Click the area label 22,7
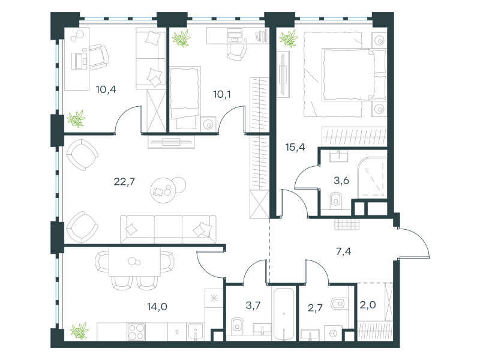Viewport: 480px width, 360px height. click(124, 182)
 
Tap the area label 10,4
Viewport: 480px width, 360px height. click(106, 89)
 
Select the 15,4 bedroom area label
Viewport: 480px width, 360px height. click(295, 147)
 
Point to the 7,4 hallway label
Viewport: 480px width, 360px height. click(343, 251)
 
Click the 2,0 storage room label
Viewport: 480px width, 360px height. click(368, 305)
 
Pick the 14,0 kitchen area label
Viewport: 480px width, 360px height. click(157, 307)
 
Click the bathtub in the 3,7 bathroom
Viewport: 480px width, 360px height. click(284, 313)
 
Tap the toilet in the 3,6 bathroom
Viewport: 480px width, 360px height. click(336, 200)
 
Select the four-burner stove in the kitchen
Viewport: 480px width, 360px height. click(136, 332)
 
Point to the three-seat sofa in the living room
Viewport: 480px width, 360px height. click(168, 229)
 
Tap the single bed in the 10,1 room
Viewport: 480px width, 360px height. click(185, 98)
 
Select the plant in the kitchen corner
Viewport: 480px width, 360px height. click(79, 331)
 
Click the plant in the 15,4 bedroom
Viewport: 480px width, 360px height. click(289, 38)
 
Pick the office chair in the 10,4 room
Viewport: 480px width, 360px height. click(99, 56)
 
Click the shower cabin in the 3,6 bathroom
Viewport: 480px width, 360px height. click(372, 178)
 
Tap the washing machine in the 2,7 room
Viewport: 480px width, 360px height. click(334, 333)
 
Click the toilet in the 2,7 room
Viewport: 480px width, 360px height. click(340, 304)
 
